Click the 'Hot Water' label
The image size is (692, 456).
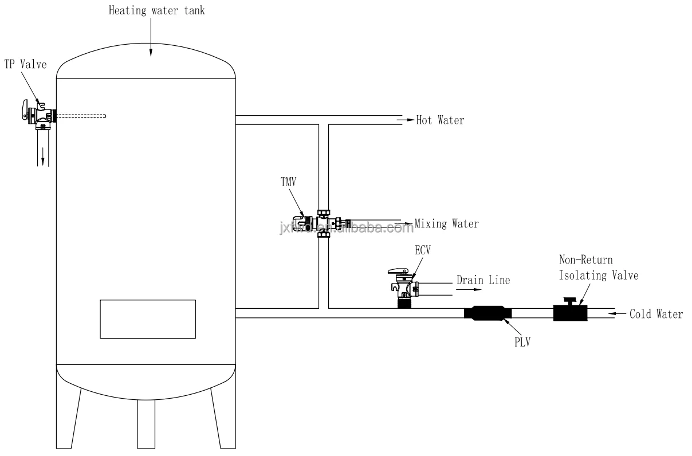pyautogui.click(x=440, y=120)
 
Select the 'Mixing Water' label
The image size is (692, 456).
pyautogui.click(x=446, y=223)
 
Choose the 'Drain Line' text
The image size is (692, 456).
pyautogui.click(x=483, y=281)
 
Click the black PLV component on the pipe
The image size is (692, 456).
pyautogui.click(x=487, y=313)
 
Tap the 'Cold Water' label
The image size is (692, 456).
pyautogui.click(x=656, y=314)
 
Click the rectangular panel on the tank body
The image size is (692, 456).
pyautogui.click(x=148, y=319)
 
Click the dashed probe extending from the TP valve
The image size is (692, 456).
pyautogui.click(x=80, y=117)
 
